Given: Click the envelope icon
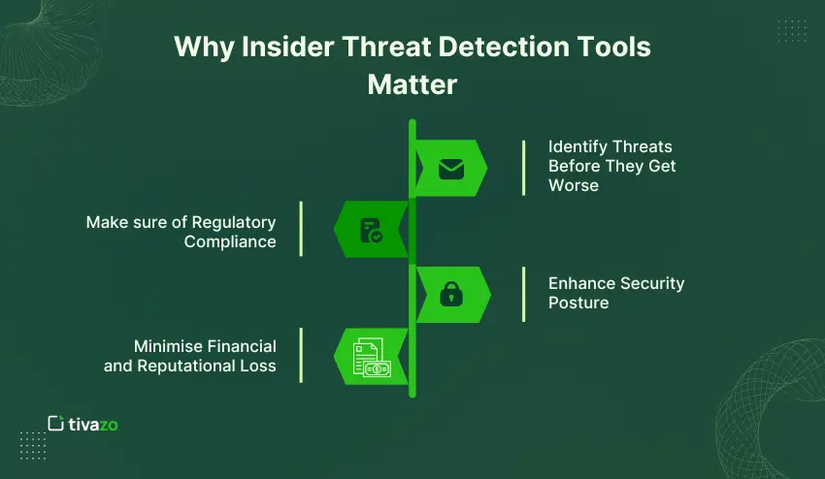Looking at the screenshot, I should pos(451,170).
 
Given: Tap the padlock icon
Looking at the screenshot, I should pos(451,294).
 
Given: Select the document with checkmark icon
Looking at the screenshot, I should pos(371,231).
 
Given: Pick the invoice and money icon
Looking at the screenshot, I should pos(370,357).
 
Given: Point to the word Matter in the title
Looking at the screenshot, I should pos(412,84).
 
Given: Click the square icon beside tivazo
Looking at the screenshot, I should pos(56,423).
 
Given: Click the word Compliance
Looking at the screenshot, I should pos(230,241).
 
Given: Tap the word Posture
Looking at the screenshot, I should pos(578,303).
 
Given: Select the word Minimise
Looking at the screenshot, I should pos(170,346).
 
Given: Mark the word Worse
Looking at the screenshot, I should pos(573,184).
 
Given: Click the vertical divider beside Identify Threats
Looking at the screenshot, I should pos(524,166).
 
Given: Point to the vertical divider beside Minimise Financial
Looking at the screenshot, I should pos(301,355).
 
